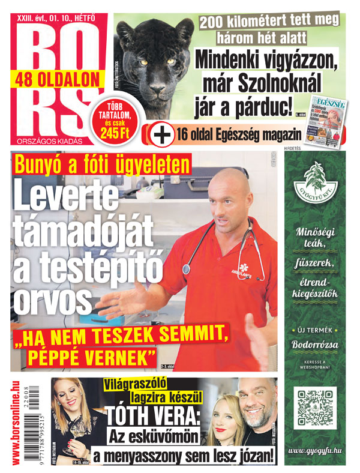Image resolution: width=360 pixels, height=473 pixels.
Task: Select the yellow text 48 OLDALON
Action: pyautogui.click(x=58, y=77)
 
